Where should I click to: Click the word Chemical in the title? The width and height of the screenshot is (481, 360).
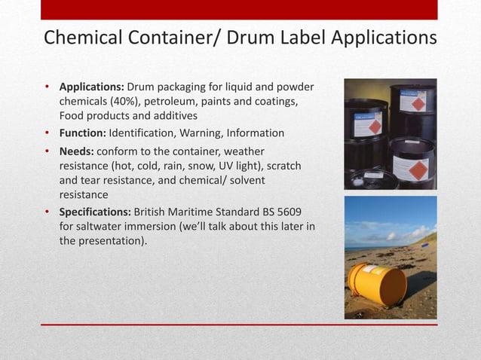pyautogui.click(x=83, y=38)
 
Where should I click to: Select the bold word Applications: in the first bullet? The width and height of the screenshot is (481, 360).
pyautogui.click(x=92, y=87)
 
